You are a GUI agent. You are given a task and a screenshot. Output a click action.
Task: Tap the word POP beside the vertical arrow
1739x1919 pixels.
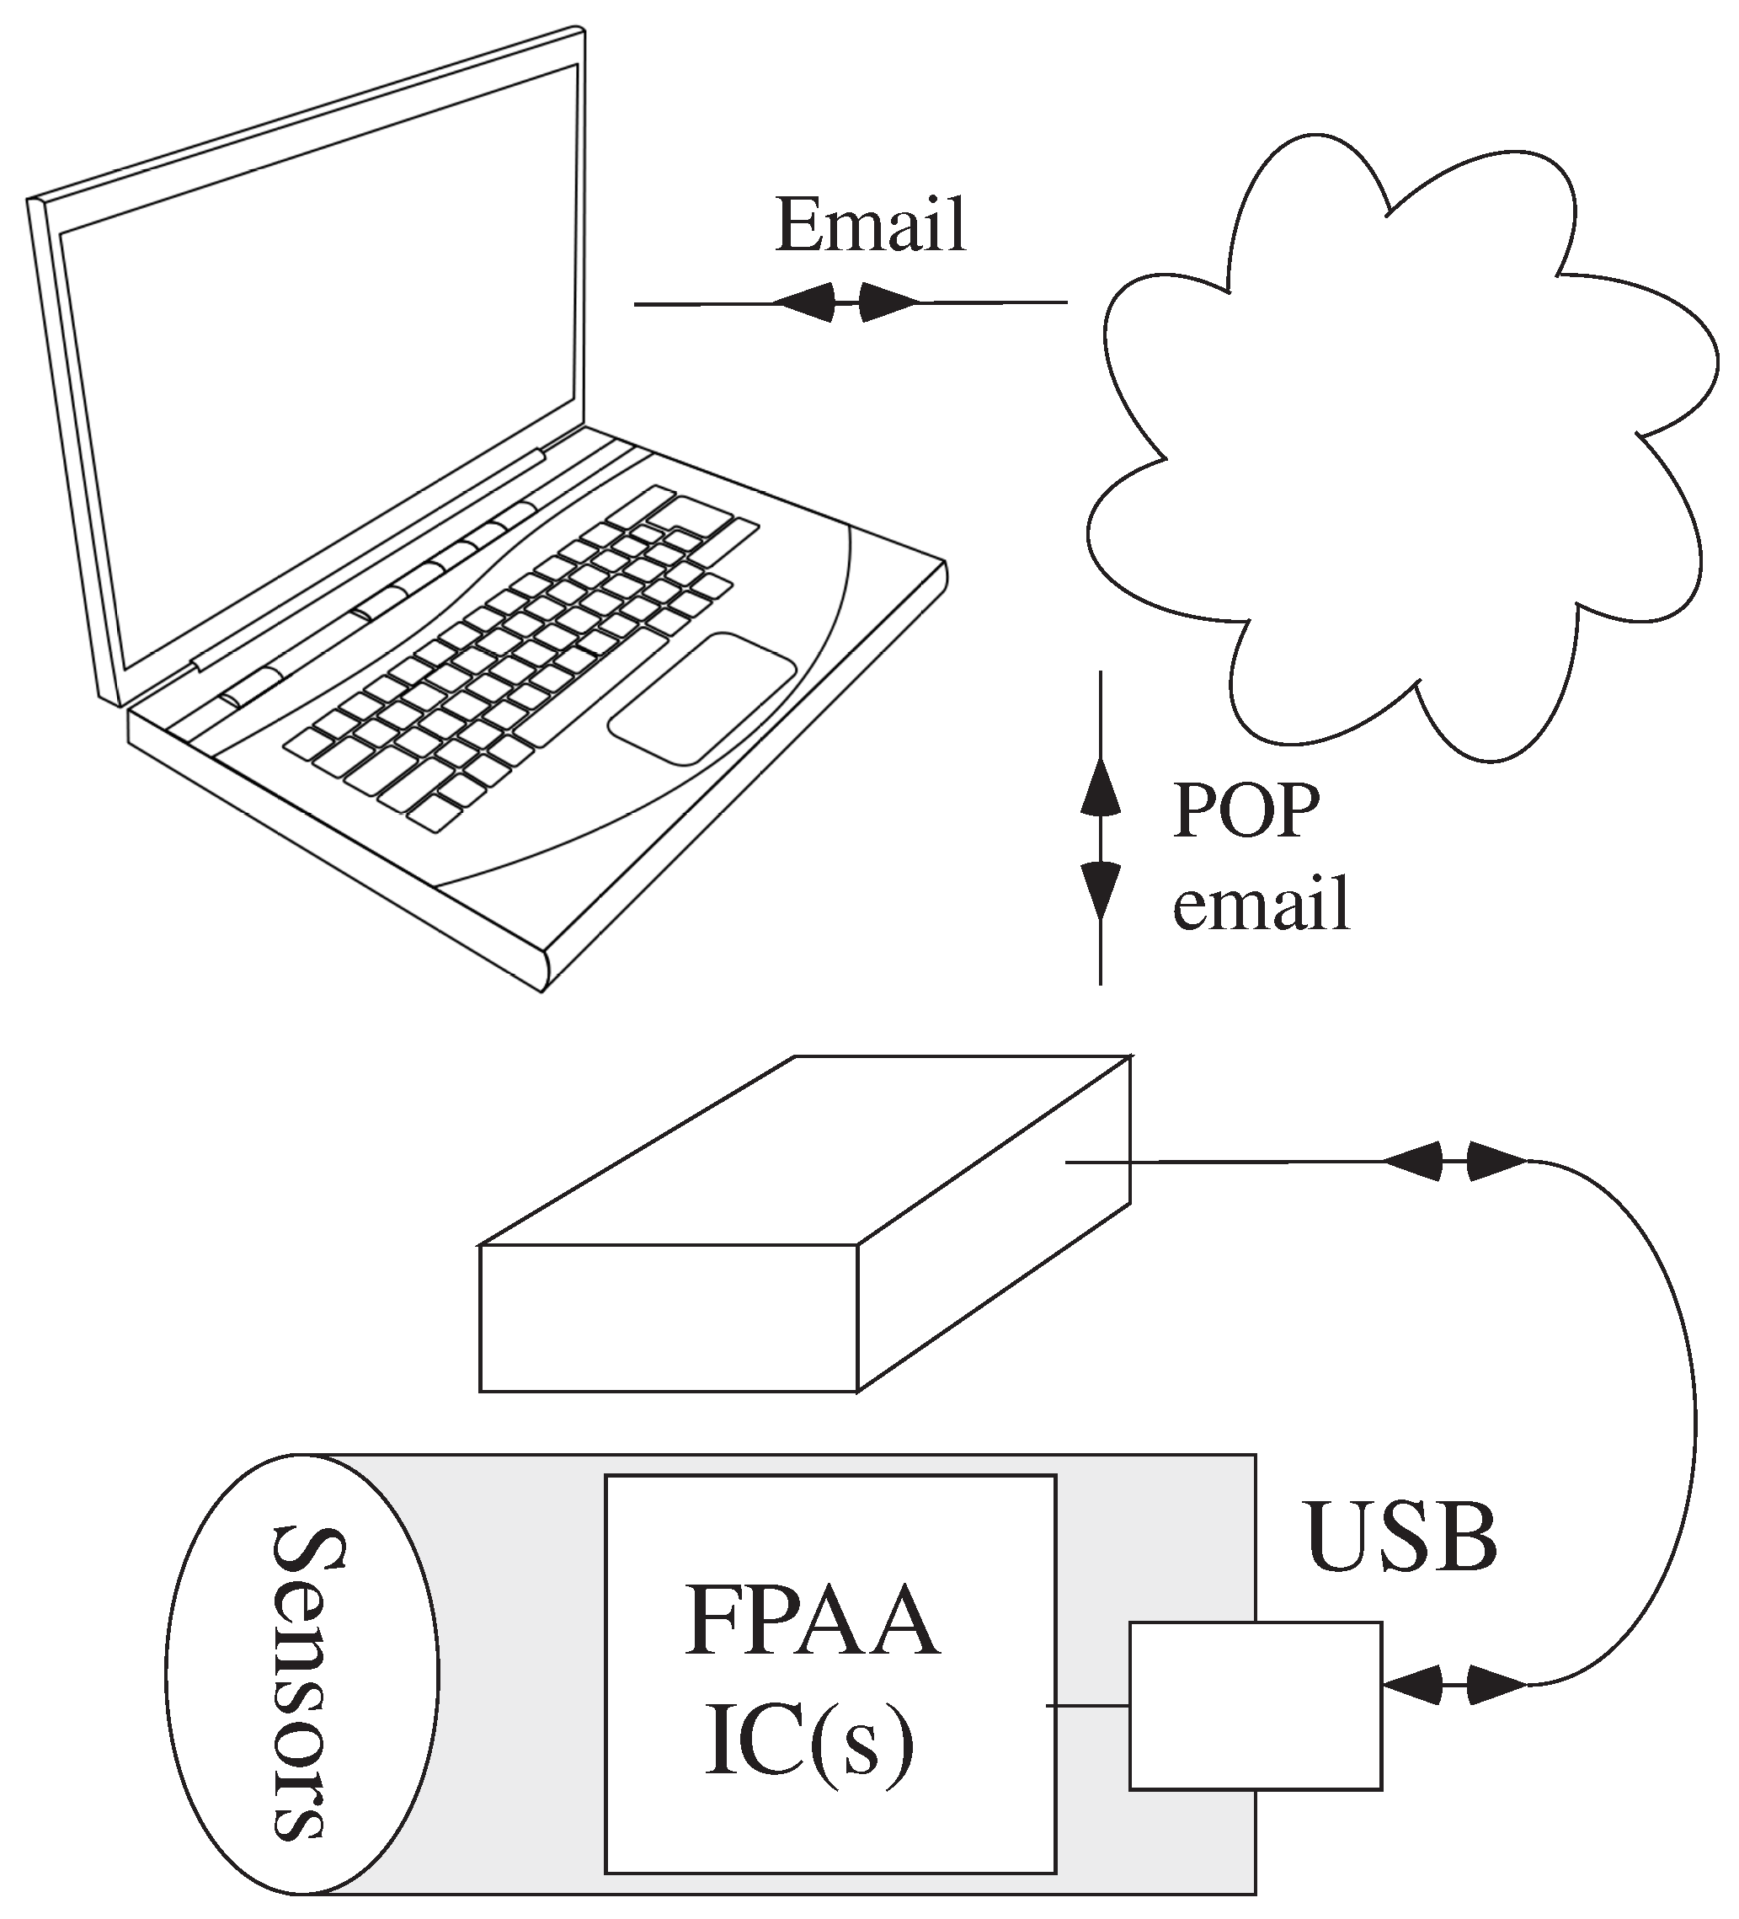click(x=1245, y=811)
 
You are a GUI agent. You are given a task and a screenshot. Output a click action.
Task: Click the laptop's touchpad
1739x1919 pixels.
click(x=701, y=698)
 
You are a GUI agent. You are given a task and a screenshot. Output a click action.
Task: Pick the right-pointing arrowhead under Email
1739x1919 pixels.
click(x=889, y=302)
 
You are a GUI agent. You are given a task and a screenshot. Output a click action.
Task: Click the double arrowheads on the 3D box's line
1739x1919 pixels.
click(x=1454, y=1162)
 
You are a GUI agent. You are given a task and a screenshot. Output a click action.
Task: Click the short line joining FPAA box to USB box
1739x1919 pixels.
click(x=1090, y=1706)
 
